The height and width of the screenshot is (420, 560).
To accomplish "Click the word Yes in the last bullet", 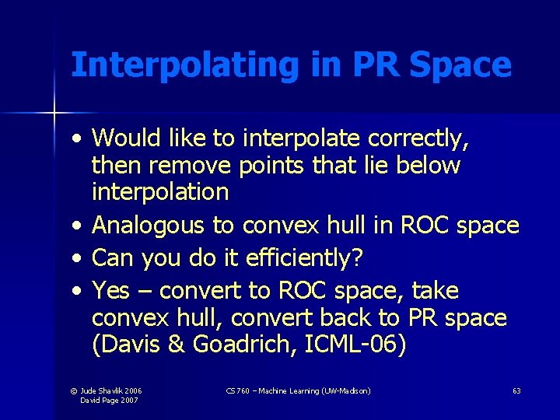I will pyautogui.click(x=110, y=291).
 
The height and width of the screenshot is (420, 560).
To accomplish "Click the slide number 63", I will pyautogui.click(x=516, y=390).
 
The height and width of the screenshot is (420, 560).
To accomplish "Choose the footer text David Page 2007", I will pyautogui.click(x=110, y=400).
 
